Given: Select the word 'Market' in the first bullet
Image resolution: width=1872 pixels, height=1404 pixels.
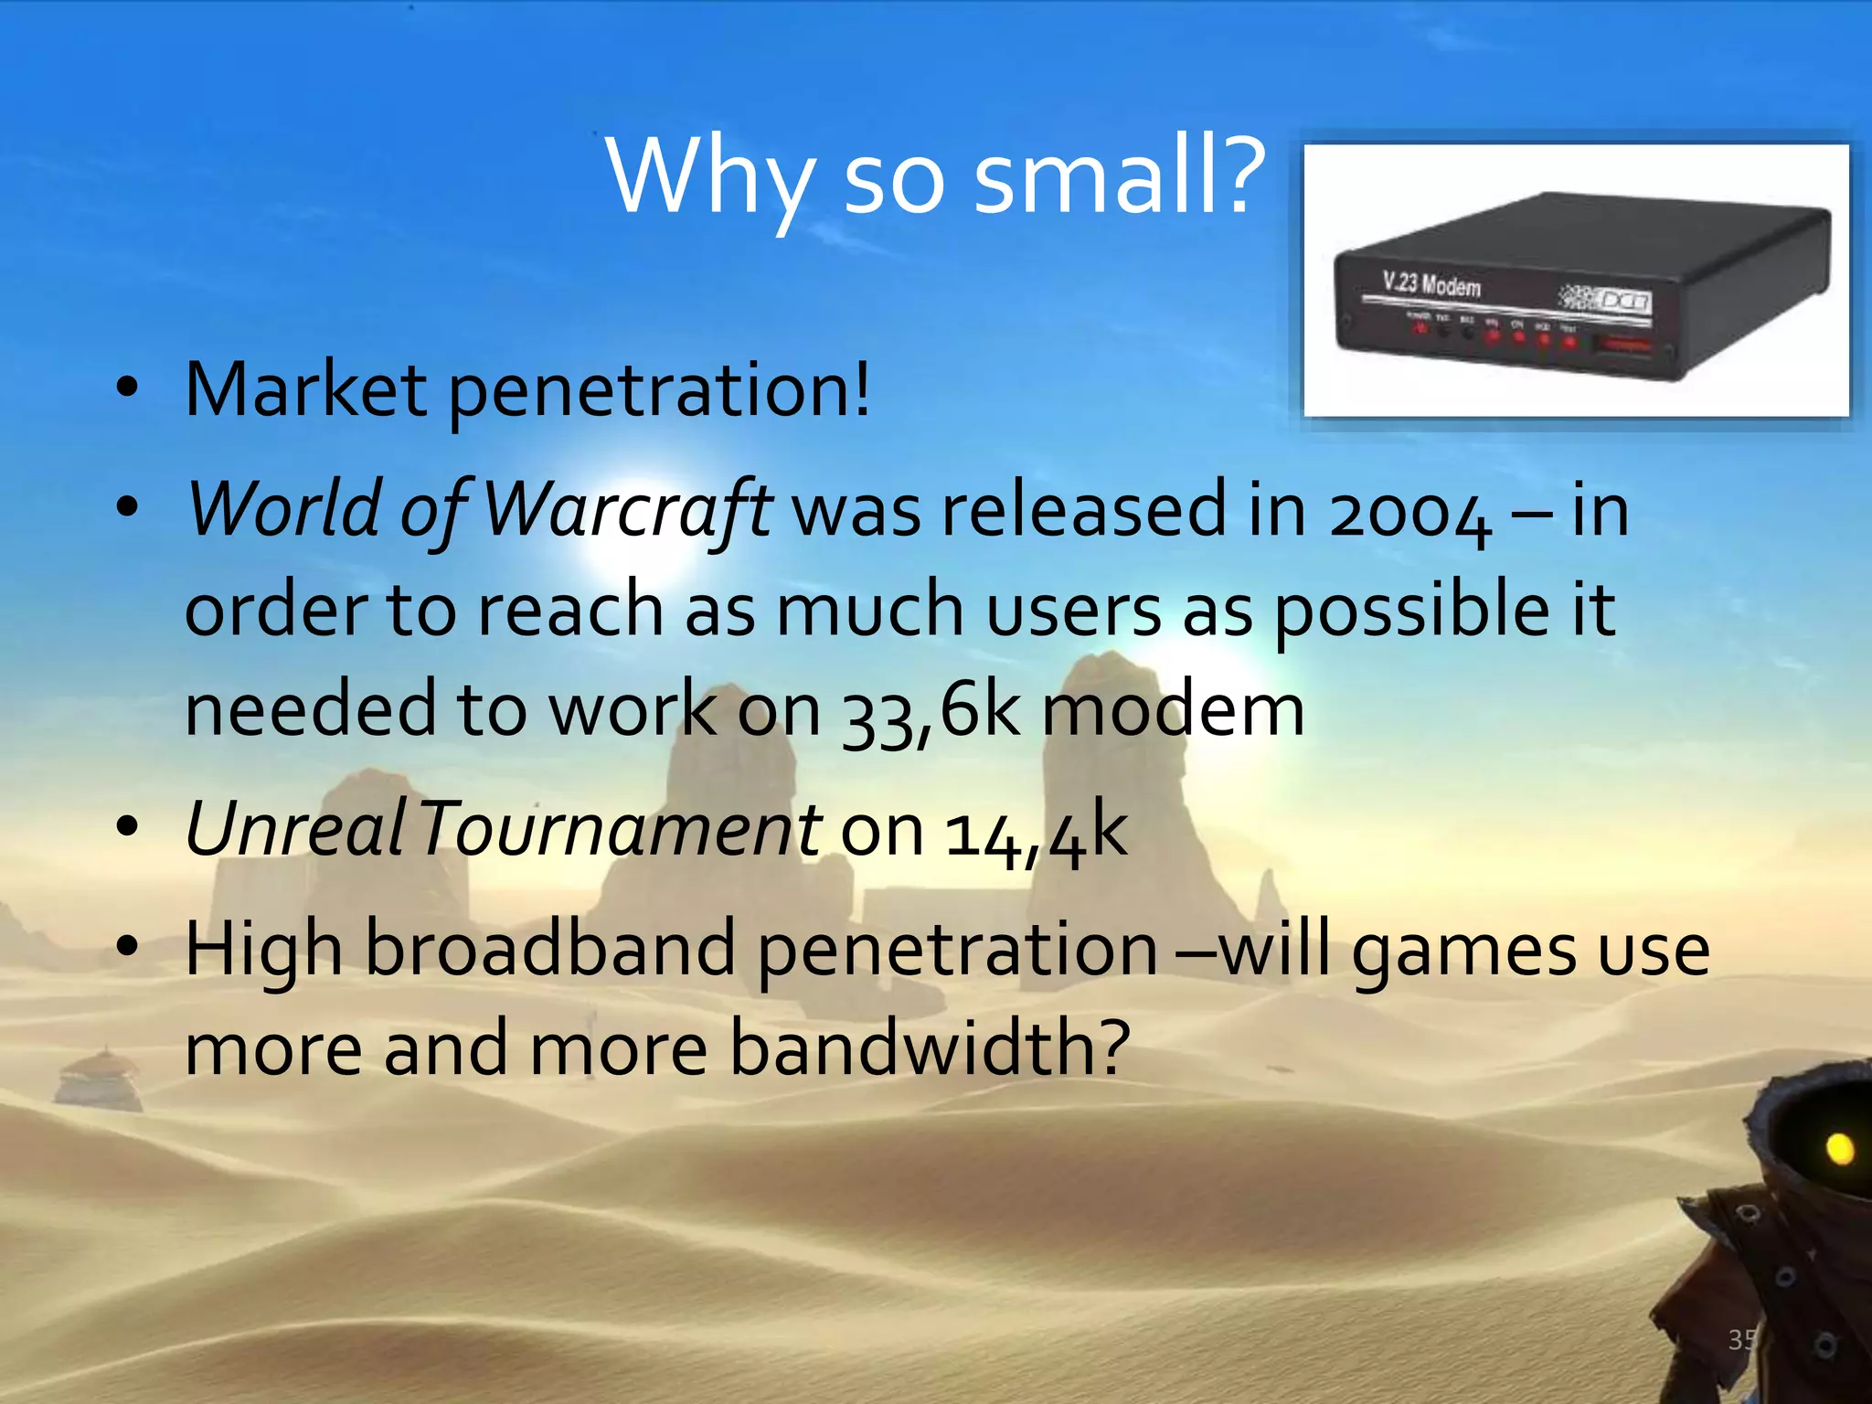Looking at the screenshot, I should coord(305,389).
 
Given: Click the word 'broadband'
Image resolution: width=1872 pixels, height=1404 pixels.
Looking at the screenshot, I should coord(551,949).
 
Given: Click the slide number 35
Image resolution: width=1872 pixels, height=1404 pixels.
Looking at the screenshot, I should coord(1742,1339).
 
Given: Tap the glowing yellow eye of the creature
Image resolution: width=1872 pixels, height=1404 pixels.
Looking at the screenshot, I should coord(1840,1148).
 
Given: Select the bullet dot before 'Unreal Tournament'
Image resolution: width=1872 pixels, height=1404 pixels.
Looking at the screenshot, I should coord(127,828).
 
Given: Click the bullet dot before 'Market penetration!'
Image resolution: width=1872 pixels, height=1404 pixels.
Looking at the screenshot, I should coord(127,388).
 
